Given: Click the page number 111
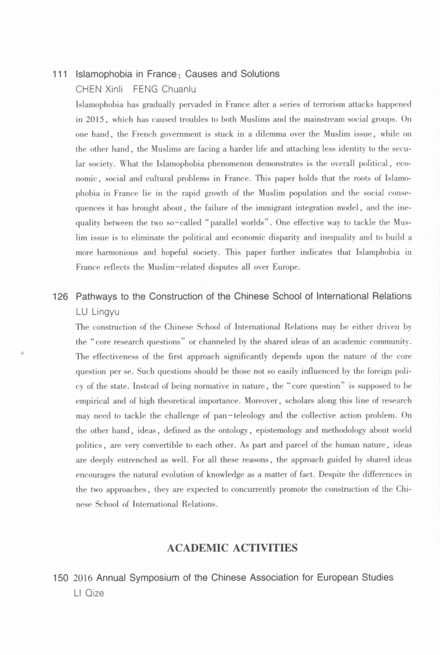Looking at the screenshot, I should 61,74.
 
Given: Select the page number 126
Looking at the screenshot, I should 61,296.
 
